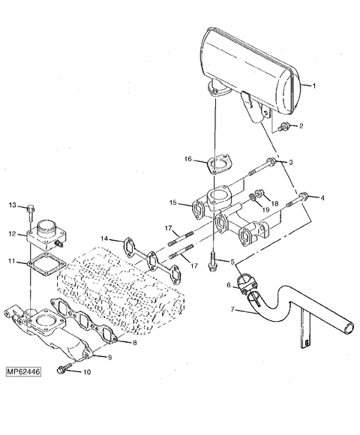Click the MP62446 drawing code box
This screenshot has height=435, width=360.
pos(23,372)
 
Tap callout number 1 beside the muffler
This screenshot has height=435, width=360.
pos(314,86)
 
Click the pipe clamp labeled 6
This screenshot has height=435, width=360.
pos(247,283)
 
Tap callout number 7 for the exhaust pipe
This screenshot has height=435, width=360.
pos(232,308)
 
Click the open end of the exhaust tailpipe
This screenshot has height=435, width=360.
pos(348,328)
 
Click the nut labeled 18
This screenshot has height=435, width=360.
pos(261,193)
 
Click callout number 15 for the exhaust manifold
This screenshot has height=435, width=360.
pos(172,202)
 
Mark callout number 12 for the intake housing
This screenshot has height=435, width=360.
pos(13,233)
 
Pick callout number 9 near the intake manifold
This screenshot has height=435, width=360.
pos(109,357)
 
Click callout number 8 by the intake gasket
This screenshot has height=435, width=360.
pos(134,343)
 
